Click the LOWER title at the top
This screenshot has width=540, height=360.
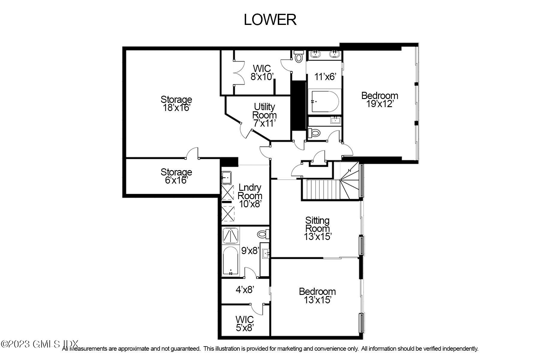tap(270, 20)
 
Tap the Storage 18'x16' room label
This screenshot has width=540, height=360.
tap(176, 103)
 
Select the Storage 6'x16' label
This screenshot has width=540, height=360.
tap(176, 176)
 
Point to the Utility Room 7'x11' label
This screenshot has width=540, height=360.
tap(264, 115)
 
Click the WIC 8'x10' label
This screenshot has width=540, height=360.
tap(262, 73)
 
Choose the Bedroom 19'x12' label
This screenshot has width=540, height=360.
tap(379, 100)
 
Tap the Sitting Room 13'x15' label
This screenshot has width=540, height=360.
tap(317, 229)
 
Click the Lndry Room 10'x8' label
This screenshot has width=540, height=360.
tap(250, 196)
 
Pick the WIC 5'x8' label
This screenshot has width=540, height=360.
tap(245, 323)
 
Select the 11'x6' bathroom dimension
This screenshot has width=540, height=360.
tap(325, 77)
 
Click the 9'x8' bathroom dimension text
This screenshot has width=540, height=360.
tap(250, 250)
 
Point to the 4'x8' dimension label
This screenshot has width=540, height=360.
tap(245, 289)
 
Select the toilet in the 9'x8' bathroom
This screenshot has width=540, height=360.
tap(263, 234)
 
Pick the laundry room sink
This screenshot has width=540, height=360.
tap(226, 177)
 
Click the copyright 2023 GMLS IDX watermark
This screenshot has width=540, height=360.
tap(40, 344)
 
